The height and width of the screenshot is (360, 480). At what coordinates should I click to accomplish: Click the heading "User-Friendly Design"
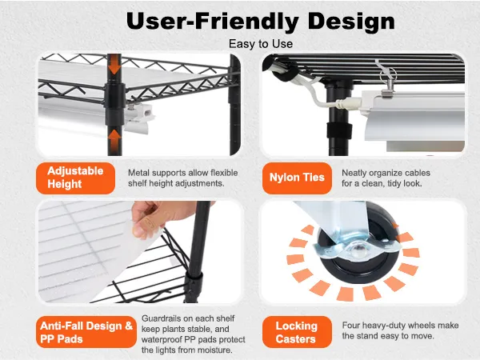click(261, 22)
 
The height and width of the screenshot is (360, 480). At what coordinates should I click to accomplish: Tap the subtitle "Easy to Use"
click(261, 44)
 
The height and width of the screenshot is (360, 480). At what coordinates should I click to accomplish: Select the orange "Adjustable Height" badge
click(76, 178)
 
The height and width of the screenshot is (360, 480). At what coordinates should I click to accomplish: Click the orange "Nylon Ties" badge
click(297, 178)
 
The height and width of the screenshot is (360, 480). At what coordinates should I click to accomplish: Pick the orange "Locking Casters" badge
click(297, 332)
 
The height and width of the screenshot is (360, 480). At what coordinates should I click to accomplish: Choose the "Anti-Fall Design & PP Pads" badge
click(86, 332)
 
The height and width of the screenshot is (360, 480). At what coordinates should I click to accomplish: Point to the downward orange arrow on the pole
click(114, 65)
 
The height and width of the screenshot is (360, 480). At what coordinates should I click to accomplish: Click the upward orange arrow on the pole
click(114, 139)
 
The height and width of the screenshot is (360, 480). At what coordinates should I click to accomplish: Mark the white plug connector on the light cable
click(348, 103)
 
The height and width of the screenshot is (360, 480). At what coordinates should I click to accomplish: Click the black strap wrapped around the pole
click(339, 130)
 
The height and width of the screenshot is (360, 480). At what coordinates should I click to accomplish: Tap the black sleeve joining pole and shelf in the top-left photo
click(114, 103)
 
